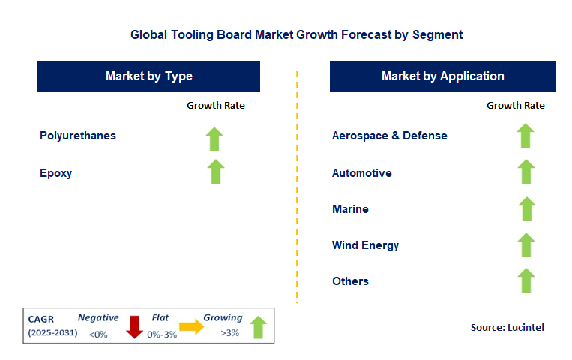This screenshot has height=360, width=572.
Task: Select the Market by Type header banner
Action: pos(148,76)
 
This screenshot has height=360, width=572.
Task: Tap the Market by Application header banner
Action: pos(442,76)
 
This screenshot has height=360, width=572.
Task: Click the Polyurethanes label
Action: pos(78,136)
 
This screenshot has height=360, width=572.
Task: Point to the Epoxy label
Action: pos(56,172)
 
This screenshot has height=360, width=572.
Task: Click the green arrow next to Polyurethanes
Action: pos(216,139)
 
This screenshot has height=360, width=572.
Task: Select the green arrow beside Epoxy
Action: pos(216,172)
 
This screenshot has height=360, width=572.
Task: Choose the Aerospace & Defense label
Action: pos(389,136)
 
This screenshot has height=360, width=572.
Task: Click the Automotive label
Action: pos(361,172)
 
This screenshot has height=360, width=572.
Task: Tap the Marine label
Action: pos(350,208)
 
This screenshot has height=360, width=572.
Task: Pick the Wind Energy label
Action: pos(365,244)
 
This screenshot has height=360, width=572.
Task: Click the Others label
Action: pos(350,280)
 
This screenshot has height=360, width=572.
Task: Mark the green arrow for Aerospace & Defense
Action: pos(526,136)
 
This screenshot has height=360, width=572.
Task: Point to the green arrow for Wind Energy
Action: pos(526,244)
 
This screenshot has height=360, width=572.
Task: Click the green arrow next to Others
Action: pos(526,280)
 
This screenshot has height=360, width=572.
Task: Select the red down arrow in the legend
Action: pos(134,327)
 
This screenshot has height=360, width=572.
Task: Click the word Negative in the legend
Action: pos(98,317)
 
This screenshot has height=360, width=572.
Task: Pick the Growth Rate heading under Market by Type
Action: pos(216,106)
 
